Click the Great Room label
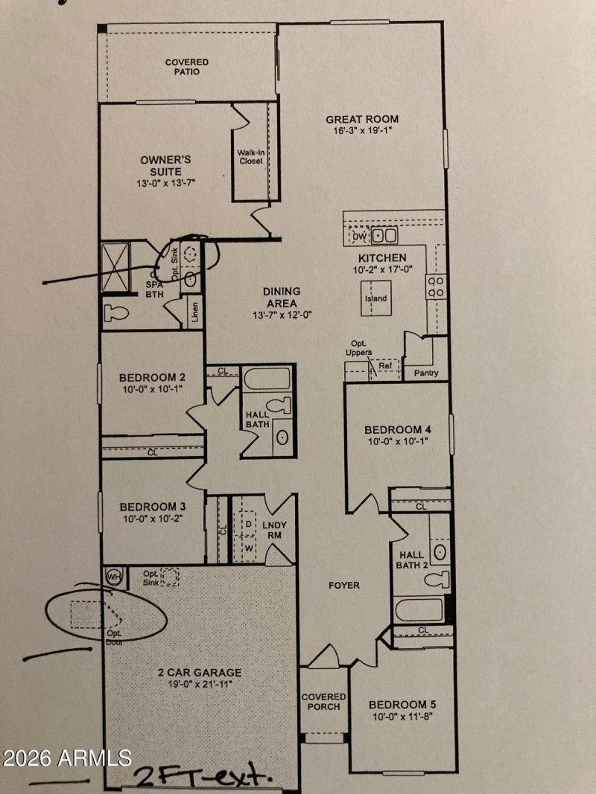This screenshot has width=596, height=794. [362, 119]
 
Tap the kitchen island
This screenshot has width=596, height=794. [376, 298]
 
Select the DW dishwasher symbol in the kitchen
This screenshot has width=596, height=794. [360, 237]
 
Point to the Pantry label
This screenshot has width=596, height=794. [425, 373]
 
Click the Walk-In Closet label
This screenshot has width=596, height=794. [250, 157]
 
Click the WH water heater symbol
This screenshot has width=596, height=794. [114, 576]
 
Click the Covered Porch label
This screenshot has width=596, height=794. [323, 702]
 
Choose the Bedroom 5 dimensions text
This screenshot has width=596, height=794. [402, 717]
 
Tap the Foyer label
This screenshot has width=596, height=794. [344, 586]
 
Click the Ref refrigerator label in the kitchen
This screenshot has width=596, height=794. [384, 366]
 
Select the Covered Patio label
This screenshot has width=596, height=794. [186, 67]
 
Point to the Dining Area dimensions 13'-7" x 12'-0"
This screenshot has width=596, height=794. [281, 315]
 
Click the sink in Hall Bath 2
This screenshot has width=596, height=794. [440, 552]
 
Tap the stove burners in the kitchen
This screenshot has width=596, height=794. [435, 286]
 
